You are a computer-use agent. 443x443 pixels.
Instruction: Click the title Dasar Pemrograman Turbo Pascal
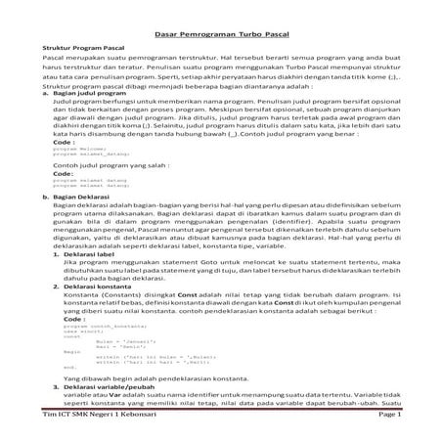pyautogui.click(x=221, y=34)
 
